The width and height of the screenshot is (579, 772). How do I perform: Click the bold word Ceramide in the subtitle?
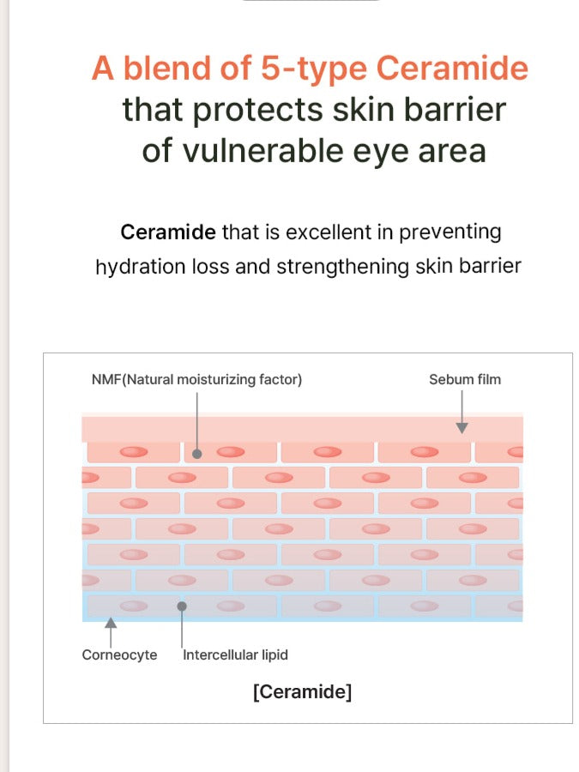(169, 232)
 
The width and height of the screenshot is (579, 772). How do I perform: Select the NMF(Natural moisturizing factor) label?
(196, 379)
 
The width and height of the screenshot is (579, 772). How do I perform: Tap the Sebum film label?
(465, 379)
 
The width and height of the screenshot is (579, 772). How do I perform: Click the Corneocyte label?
(119, 654)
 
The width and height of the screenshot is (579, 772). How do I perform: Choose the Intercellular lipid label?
(235, 654)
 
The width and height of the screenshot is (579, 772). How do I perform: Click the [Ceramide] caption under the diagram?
(302, 691)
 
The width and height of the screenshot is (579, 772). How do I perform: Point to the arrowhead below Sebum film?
(461, 426)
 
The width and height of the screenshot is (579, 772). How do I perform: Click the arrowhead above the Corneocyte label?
(111, 623)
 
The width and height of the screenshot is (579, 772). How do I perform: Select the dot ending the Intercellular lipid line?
(182, 606)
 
